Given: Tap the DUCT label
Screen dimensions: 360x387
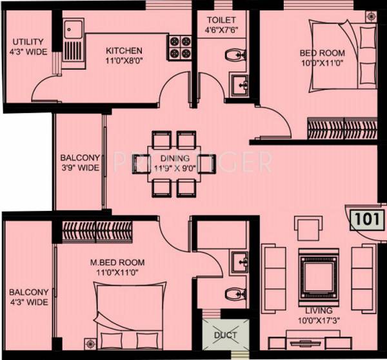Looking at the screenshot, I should (x=226, y=335).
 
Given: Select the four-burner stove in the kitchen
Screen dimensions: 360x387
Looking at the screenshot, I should (x=179, y=47).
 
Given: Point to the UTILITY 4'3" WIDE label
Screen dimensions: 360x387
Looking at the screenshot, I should (x=26, y=47).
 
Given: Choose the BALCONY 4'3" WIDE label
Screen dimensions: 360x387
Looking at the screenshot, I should (x=28, y=297).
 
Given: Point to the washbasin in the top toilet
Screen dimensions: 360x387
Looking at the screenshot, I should (x=241, y=83).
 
